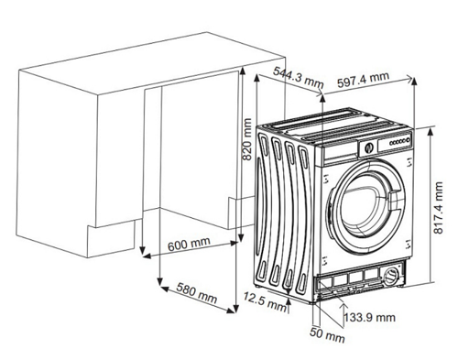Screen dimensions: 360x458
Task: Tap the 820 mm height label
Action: coord(245,140)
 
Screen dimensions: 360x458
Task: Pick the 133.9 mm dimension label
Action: coord(370,317)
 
